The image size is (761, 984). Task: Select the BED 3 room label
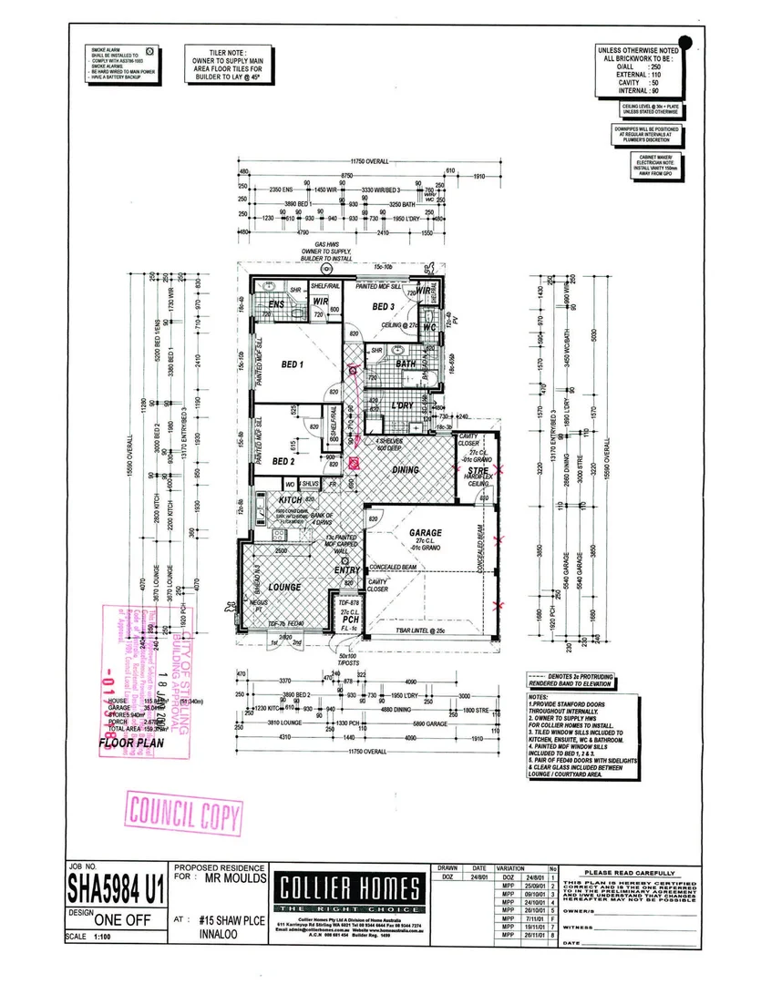point(383,307)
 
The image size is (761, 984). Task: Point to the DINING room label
point(405,470)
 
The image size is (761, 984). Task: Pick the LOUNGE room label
point(284,588)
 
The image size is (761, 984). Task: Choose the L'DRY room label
point(402,405)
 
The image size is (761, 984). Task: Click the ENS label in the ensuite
point(275,305)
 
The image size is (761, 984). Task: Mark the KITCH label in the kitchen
point(290,501)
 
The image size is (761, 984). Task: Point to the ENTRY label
point(347,570)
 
